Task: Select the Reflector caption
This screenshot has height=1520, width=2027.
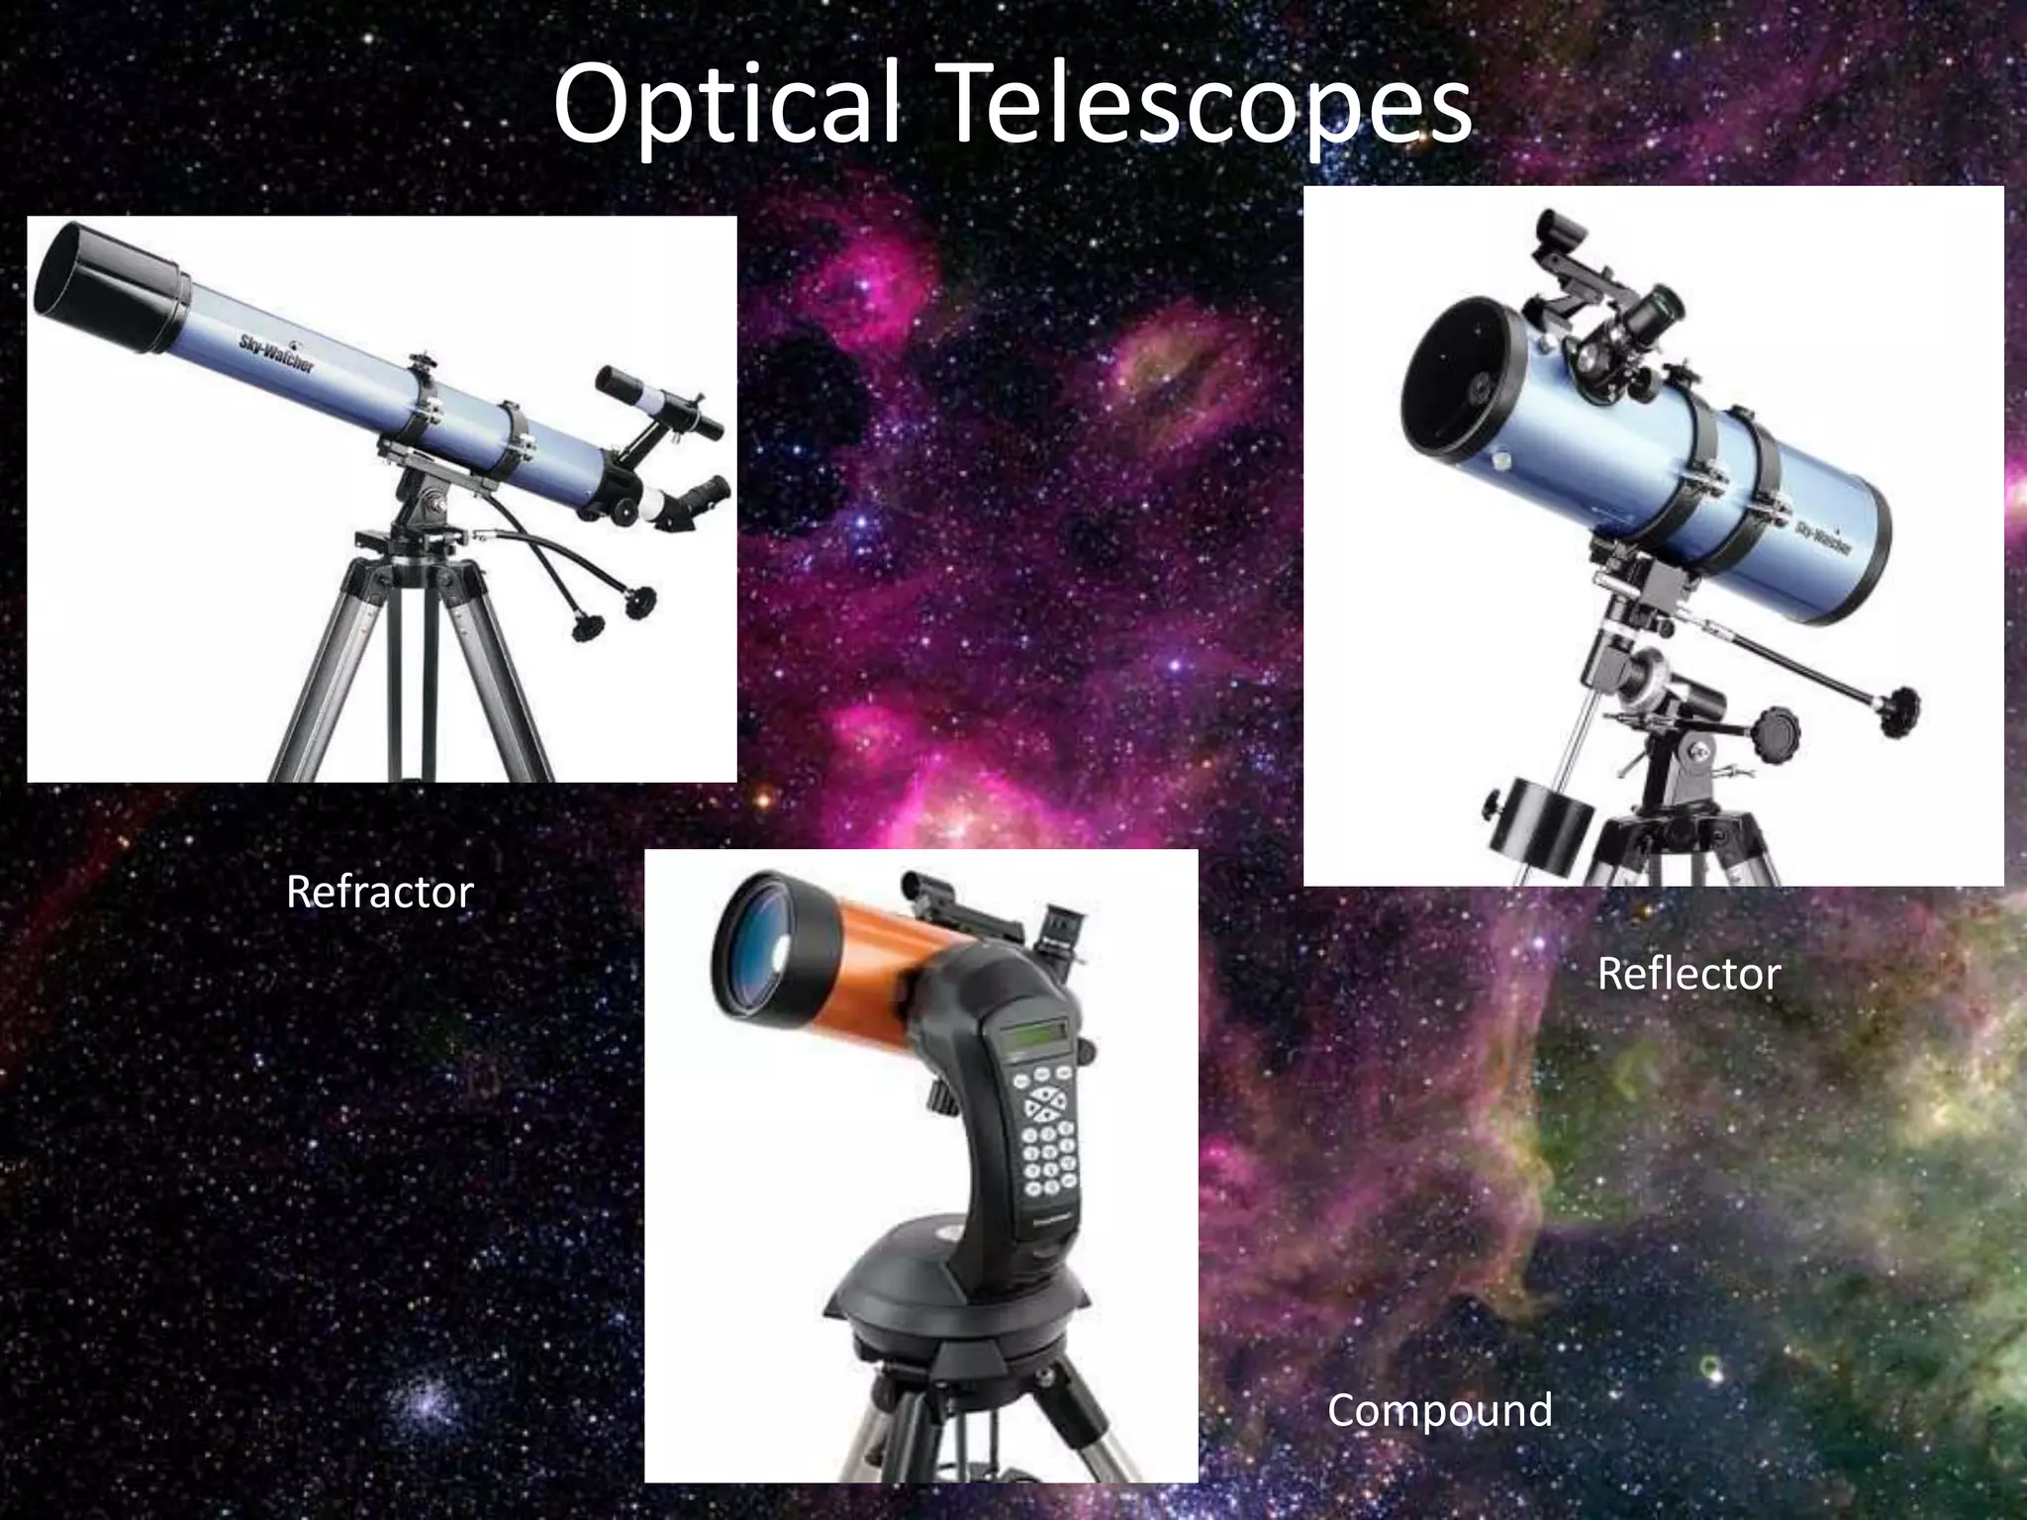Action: tap(1689, 975)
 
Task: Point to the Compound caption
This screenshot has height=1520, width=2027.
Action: tap(1439, 1410)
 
